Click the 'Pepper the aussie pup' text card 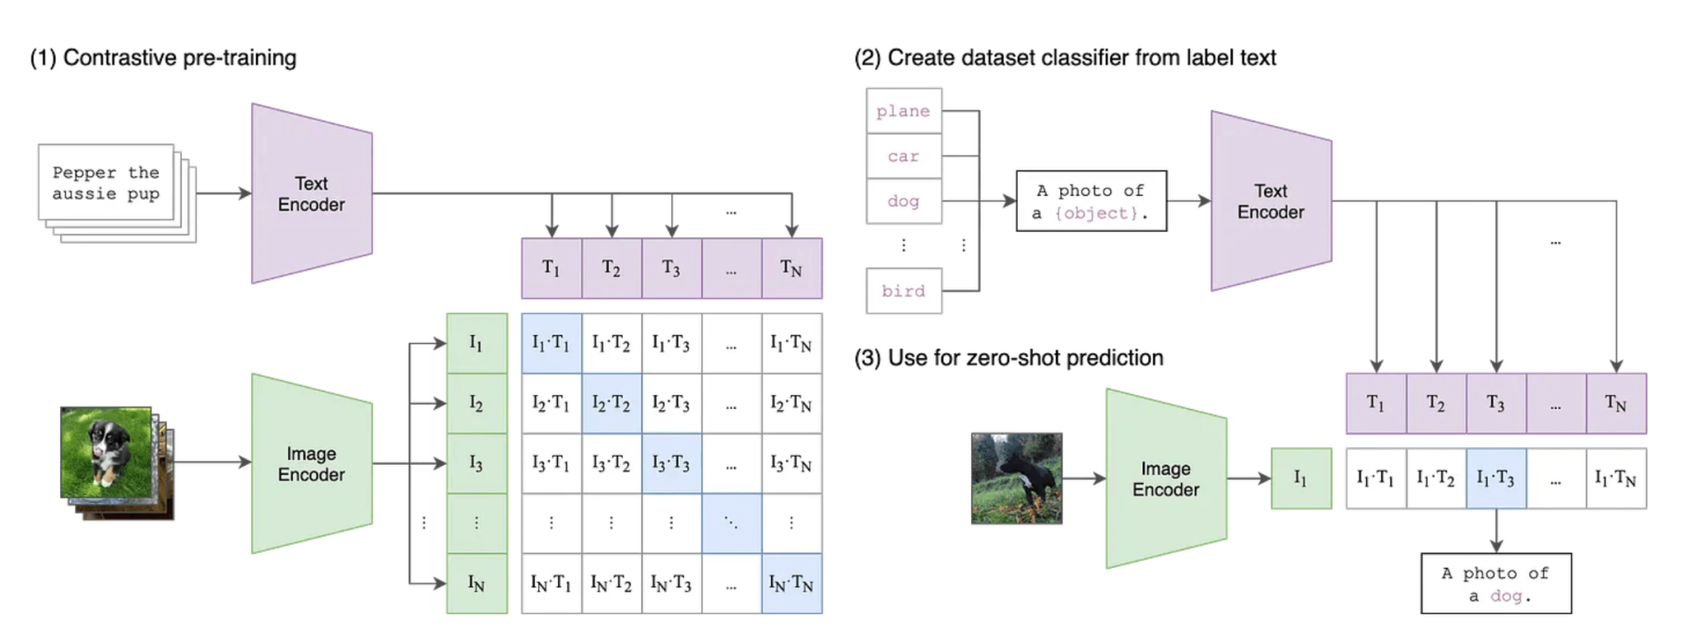(106, 183)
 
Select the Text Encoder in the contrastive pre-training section (312, 193)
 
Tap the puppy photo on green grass (106, 452)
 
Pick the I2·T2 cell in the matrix (612, 403)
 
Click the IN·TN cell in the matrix (791, 583)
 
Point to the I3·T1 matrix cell (552, 463)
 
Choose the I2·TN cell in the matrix (791, 403)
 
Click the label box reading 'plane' (904, 111)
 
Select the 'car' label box (904, 156)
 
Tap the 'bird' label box (904, 291)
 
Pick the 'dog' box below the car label (904, 201)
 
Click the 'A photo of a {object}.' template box (1091, 201)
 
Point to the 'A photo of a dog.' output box (1496, 583)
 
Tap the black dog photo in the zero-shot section (1017, 478)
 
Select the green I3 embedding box (477, 463)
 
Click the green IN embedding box (477, 583)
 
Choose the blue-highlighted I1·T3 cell (1496, 478)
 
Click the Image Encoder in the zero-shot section (1167, 479)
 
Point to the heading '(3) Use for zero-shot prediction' (1009, 358)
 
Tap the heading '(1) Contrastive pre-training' (163, 58)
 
